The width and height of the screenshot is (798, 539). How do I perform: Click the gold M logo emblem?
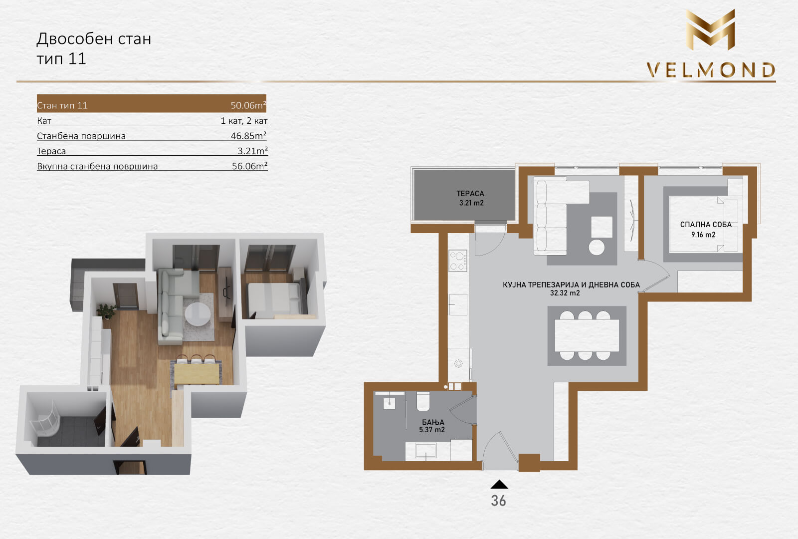tap(711, 29)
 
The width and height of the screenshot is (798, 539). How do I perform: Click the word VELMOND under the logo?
tap(711, 70)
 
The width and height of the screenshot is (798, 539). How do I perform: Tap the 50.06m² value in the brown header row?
tap(248, 105)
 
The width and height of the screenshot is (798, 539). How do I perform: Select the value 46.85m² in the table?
tap(248, 135)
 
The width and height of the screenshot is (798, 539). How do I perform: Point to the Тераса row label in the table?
tap(51, 151)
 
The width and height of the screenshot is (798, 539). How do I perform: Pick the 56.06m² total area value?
tap(249, 166)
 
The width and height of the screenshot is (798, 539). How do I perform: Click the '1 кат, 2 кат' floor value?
tap(244, 121)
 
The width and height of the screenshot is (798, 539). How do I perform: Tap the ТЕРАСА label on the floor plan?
tap(470, 194)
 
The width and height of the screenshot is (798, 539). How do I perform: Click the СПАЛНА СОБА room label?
tap(706, 225)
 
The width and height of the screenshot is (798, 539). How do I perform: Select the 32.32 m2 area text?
tap(565, 293)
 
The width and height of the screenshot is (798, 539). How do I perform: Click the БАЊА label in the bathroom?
tap(433, 422)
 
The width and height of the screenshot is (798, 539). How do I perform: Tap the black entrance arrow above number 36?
tap(499, 484)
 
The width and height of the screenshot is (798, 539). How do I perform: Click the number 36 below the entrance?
tap(498, 501)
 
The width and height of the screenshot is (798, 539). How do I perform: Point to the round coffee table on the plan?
tap(597, 247)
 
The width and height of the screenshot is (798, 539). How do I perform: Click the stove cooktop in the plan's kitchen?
tap(458, 261)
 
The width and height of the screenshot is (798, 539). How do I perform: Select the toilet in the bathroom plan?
tap(423, 401)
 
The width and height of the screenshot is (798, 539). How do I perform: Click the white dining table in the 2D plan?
tap(587, 335)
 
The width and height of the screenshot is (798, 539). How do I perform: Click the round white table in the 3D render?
tap(197, 314)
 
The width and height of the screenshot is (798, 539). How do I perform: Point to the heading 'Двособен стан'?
tap(94, 38)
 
